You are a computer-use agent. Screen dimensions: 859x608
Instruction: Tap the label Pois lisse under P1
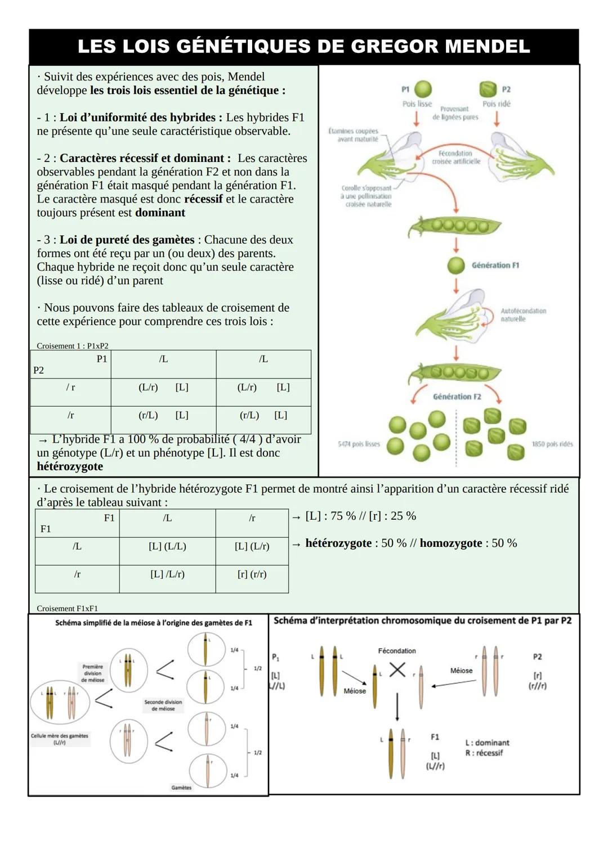tap(417, 104)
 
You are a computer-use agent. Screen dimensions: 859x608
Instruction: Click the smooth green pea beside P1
tap(423, 89)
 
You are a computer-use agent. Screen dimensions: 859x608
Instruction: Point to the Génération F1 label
tap(495, 265)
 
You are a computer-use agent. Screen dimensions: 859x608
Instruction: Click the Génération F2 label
tap(457, 397)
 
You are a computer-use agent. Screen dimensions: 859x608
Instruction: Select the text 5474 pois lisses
tap(359, 444)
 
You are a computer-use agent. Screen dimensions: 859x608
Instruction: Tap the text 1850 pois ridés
tap(552, 444)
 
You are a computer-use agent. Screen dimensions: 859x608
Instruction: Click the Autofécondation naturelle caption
tap(523, 315)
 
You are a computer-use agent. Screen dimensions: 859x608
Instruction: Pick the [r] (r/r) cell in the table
tap(252, 574)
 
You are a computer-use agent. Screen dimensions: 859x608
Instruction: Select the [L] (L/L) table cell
tap(167, 546)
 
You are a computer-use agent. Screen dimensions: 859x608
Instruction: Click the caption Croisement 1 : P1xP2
tap(73, 346)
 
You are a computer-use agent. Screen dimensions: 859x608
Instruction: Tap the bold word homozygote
tap(450, 543)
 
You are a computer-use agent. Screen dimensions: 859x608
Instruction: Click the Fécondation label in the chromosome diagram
tap(397, 651)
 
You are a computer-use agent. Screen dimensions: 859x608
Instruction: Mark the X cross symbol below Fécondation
tap(397, 669)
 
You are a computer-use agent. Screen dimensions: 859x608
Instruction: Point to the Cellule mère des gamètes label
tap(59, 739)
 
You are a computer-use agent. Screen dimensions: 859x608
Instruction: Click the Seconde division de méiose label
tap(163, 705)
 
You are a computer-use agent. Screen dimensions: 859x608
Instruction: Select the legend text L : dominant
tap(487, 743)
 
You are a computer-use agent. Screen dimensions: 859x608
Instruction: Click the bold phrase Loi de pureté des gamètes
tap(127, 240)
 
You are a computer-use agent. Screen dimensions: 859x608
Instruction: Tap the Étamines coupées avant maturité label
tap(354, 135)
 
